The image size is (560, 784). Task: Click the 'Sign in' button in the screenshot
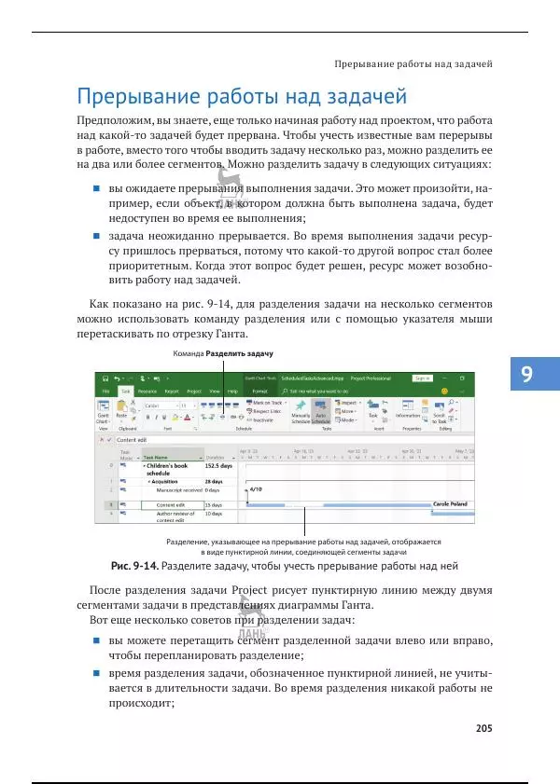[421, 378]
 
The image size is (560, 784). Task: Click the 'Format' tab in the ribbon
[260, 392]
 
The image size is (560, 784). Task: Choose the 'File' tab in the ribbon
[106, 392]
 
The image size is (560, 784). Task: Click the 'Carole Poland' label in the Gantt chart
[450, 502]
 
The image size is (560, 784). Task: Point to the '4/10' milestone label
[256, 488]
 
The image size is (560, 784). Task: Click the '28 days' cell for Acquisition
[214, 480]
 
